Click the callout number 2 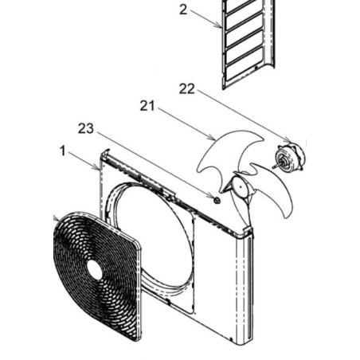pyautogui.click(x=183, y=10)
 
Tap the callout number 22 pyautogui.click(x=187, y=89)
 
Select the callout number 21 pyautogui.click(x=147, y=106)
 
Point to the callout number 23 pyautogui.click(x=86, y=129)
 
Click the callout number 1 pyautogui.click(x=63, y=151)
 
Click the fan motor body pyautogui.click(x=291, y=158)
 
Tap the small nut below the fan pyautogui.click(x=217, y=200)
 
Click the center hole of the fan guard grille pyautogui.click(x=94, y=269)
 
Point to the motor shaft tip pyautogui.click(x=273, y=167)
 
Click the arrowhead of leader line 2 pyautogui.click(x=220, y=26)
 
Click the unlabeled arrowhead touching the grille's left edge pyautogui.click(x=57, y=219)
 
